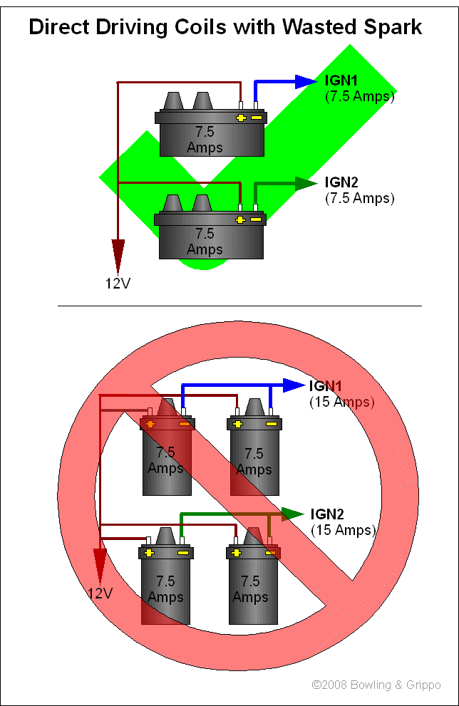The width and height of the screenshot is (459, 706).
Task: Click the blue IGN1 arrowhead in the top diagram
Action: [305, 81]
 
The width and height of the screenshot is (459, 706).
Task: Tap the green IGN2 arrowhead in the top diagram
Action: [305, 184]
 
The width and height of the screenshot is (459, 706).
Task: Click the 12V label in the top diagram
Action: [118, 284]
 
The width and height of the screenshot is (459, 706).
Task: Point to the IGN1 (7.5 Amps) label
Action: [359, 87]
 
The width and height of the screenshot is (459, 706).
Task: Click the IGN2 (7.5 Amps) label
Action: [359, 190]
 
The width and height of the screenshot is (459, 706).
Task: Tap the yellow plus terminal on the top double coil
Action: [241, 117]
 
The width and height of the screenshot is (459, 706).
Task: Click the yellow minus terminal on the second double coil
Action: [257, 219]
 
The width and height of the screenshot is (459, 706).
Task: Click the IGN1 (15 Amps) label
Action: [341, 393]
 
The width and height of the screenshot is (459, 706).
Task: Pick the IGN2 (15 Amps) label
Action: [342, 521]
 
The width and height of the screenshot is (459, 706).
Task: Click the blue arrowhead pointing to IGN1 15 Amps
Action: [294, 385]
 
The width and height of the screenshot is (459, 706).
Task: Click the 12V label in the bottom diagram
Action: [100, 593]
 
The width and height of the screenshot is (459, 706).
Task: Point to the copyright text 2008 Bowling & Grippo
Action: [376, 685]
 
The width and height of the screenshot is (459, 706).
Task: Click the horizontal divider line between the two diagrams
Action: [239, 306]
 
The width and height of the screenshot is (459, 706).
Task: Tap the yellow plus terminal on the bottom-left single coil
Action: [148, 553]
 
